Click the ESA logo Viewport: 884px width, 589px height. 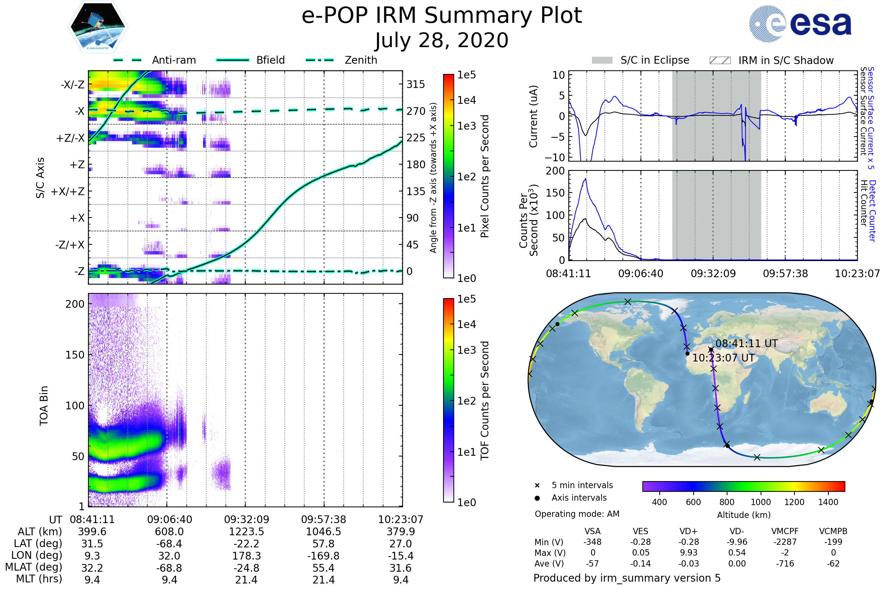pos(800,23)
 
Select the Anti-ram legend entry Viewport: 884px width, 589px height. pos(154,60)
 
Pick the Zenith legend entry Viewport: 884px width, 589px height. pos(341,60)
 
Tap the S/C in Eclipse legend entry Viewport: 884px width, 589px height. pos(641,60)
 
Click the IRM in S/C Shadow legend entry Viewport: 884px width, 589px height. pos(771,60)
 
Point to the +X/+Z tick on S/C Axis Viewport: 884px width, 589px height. pos(68,191)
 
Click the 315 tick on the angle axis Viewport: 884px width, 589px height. pos(415,84)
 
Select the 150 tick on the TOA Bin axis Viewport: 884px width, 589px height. pos(75,355)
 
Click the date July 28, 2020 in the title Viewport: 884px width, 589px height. pos(442,40)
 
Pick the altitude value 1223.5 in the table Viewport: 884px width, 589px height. pos(246,532)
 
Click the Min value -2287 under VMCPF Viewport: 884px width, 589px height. pos(785,542)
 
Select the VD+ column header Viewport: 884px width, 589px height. pos(688,531)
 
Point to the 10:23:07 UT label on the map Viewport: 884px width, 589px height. pos(723,357)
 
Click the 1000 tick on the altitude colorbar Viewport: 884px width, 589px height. pos(760,502)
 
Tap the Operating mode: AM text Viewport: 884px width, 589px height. pos(577,514)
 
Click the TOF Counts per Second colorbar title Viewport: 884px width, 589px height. pos(485,401)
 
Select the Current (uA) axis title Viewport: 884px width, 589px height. pos(533,116)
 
